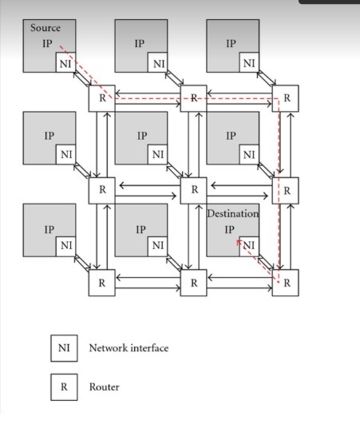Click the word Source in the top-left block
(x=45, y=28)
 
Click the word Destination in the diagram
(x=233, y=214)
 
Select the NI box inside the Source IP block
(x=65, y=63)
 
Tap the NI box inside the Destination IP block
(x=249, y=245)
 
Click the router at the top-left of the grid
(x=101, y=98)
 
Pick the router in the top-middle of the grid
(x=193, y=98)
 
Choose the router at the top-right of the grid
(x=287, y=98)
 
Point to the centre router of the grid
(x=193, y=190)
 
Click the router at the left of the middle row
(x=101, y=190)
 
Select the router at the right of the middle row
(x=287, y=190)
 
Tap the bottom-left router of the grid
(x=101, y=282)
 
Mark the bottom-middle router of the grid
(x=193, y=282)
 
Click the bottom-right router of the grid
(x=287, y=282)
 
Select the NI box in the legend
(x=64, y=348)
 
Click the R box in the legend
(x=64, y=387)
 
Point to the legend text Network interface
(x=129, y=348)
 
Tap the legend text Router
(x=104, y=387)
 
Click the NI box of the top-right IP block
(x=249, y=63)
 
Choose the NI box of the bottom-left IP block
(x=65, y=245)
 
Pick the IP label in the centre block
(x=142, y=136)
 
